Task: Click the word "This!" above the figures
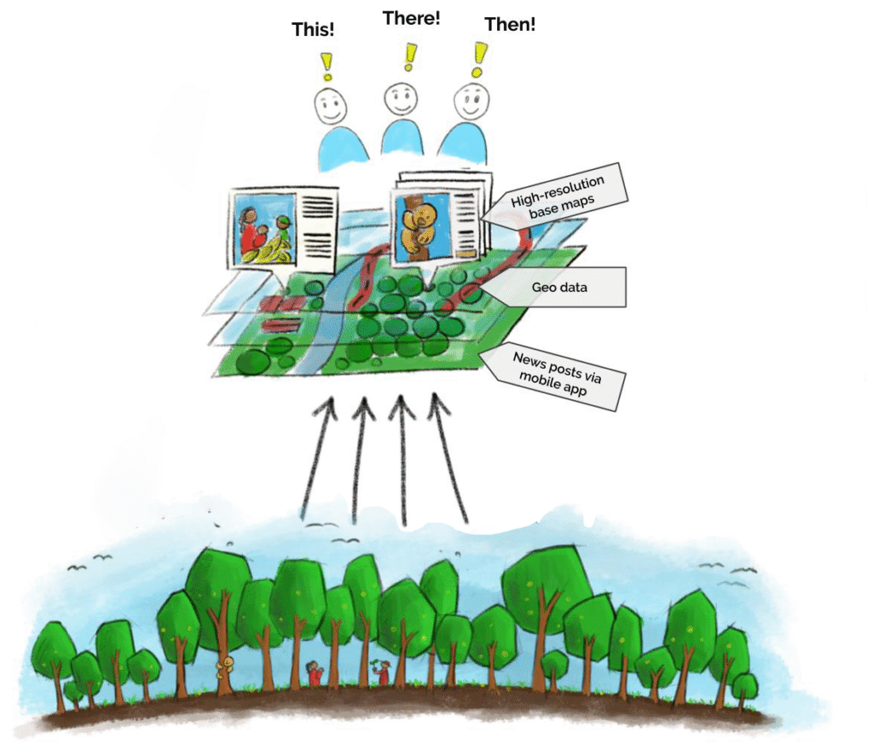tap(313, 29)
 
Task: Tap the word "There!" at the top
tap(411, 18)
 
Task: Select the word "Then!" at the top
tap(510, 25)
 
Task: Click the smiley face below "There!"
tap(399, 101)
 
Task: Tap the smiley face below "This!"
tap(330, 106)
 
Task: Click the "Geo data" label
tap(559, 288)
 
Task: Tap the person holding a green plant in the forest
tap(381, 672)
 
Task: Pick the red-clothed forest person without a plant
tap(315, 673)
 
